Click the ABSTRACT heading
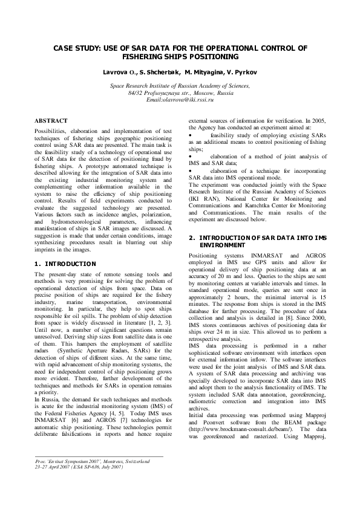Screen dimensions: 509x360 [51, 122]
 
